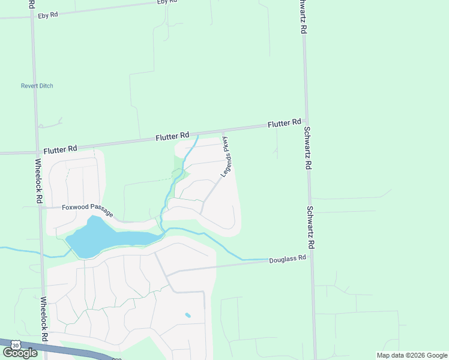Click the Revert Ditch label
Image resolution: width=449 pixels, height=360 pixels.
[x=37, y=86]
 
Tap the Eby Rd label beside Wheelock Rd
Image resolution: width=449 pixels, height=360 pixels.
[x=47, y=15]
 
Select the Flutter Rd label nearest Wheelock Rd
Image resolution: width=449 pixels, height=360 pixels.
[x=60, y=148]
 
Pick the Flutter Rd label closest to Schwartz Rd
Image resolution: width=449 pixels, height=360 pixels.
[x=284, y=123]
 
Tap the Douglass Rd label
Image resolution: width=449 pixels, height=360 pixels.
[x=288, y=259]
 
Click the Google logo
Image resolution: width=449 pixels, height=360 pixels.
[x=20, y=353]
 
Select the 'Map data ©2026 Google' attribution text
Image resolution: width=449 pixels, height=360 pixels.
[x=412, y=355]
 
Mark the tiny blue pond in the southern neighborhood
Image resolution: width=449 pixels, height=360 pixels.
[x=188, y=315]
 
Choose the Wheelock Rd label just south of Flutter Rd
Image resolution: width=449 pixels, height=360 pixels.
[x=38, y=180]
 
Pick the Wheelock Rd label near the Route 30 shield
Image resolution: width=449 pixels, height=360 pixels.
[x=43, y=319]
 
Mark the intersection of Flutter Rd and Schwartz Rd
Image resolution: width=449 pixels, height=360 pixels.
[x=306, y=121]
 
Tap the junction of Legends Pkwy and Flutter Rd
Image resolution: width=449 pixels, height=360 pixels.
[x=223, y=132]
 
